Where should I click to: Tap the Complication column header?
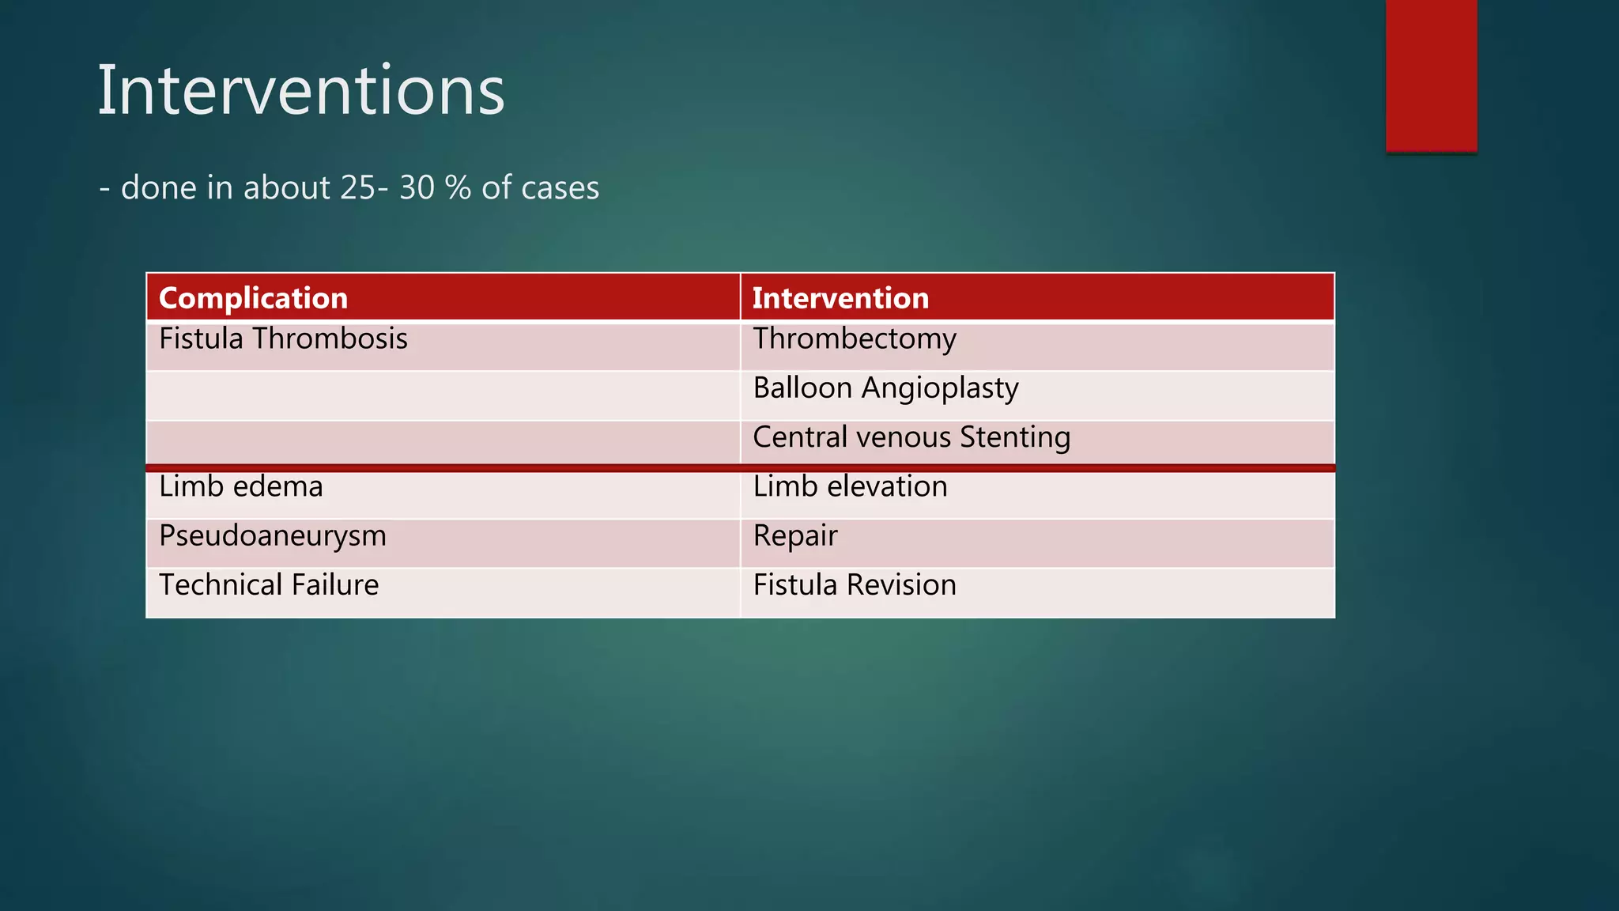253,298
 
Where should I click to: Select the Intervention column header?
840,298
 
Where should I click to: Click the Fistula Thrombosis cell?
283,339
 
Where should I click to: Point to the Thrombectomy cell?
855,339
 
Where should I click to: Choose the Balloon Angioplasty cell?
885,388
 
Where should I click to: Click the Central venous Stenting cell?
911,437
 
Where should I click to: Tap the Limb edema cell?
241,486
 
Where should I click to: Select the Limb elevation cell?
850,486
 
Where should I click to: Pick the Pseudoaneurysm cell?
273,536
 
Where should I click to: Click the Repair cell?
794,536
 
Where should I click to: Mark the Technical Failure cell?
269,585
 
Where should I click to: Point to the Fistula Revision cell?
855,585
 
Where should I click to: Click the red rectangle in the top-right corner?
1431,75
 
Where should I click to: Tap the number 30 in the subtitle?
417,188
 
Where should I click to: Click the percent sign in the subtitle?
458,188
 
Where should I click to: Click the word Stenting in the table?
1015,437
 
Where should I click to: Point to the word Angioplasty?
940,388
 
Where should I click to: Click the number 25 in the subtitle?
358,188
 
